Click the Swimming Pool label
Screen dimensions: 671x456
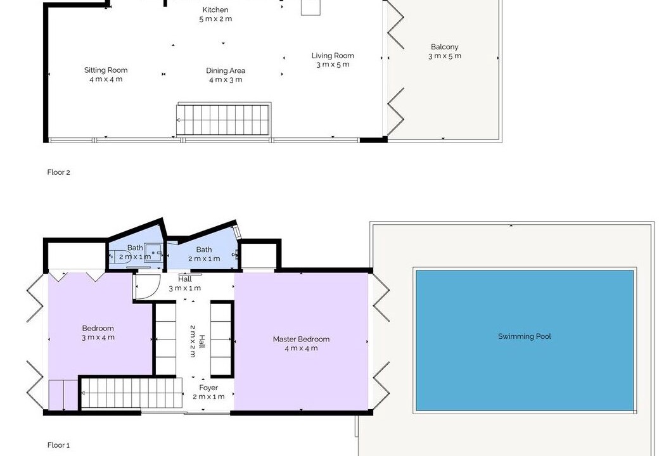[x=524, y=336]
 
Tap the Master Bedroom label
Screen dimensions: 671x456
[x=301, y=339]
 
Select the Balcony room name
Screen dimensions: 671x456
[x=445, y=47]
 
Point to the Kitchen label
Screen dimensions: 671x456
[x=215, y=9]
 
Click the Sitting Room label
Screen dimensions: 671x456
[x=106, y=70]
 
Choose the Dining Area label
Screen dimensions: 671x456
[x=226, y=70]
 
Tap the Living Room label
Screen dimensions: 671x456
[x=333, y=56]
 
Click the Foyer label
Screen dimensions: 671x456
[x=208, y=388]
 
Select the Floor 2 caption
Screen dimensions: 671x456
[x=59, y=172]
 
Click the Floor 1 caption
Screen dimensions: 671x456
[x=59, y=445]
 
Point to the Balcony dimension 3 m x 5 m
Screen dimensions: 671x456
[x=445, y=56]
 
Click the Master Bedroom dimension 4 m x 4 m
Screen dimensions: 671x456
[x=301, y=348]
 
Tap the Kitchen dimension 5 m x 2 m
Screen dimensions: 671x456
[x=215, y=19]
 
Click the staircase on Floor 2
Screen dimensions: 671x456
[x=224, y=120]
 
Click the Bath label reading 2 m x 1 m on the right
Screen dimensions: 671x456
[x=204, y=258]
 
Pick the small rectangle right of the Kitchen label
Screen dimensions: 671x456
[x=310, y=7]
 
